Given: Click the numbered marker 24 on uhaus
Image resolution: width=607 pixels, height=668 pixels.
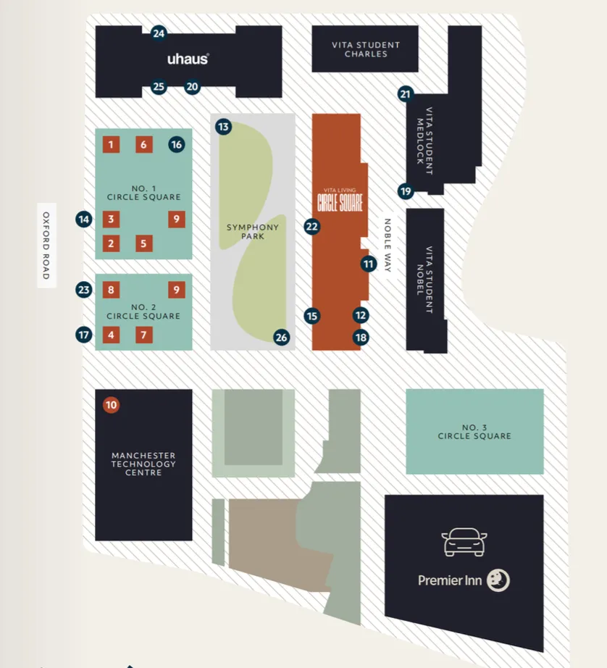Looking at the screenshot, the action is click(159, 33).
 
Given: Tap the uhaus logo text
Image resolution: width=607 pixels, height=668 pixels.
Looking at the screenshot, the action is click(188, 59).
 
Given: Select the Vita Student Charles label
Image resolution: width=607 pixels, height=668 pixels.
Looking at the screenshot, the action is click(365, 49).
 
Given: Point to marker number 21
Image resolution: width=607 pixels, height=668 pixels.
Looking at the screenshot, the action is click(405, 94).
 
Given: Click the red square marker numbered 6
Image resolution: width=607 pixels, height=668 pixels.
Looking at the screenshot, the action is click(143, 145).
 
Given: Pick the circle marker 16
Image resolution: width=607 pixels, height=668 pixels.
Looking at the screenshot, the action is click(177, 145).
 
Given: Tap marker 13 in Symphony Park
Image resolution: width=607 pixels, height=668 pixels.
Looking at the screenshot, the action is click(223, 128).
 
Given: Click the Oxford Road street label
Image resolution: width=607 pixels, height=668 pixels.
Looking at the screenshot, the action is click(46, 246).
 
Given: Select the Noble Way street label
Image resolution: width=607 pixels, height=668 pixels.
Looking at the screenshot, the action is click(388, 246).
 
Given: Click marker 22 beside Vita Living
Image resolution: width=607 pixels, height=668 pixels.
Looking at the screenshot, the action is click(312, 226).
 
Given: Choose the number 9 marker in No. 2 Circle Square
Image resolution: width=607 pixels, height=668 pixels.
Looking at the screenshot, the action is click(177, 291).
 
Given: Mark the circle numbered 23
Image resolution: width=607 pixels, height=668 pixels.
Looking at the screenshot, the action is click(84, 291).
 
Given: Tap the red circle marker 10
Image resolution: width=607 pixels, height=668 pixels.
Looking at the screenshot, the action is click(111, 406).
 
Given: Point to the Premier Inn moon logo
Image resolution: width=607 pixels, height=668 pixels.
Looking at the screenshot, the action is click(498, 580).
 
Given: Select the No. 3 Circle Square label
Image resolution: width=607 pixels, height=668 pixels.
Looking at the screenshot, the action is click(474, 432).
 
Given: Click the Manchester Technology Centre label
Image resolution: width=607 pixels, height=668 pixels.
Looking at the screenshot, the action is click(143, 464).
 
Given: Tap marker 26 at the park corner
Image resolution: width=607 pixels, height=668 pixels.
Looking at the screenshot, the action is click(281, 337).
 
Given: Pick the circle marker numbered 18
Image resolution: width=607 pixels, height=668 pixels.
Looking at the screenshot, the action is click(361, 337).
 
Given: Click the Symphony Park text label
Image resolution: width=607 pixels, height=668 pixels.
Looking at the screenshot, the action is click(252, 232).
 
